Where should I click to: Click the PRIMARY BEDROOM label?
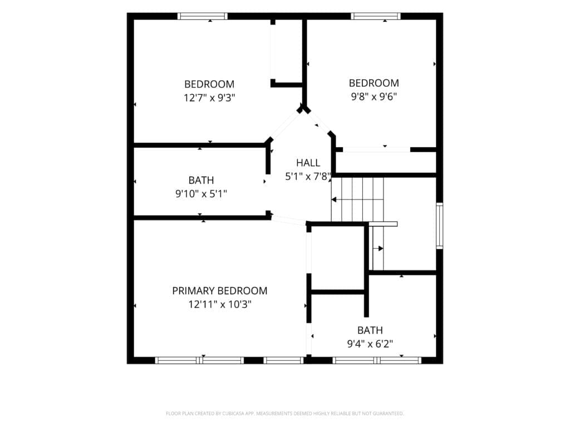point(219,291)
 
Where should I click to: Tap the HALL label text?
point(308,163)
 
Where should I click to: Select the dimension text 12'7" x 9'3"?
point(209,98)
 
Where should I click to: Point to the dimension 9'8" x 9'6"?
point(374,96)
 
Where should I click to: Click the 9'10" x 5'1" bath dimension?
point(201,193)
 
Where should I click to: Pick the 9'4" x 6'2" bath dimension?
point(370,343)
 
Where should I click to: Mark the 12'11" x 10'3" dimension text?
point(220,304)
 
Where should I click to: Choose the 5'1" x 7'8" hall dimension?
point(308,177)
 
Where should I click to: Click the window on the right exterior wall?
point(440,226)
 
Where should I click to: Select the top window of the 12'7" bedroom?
point(203,16)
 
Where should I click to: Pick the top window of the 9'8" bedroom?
point(376,16)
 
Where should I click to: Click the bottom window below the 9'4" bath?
point(377,361)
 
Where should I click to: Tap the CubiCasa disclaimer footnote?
point(284,414)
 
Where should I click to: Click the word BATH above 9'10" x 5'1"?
point(201,180)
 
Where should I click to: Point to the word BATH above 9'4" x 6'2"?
point(370,330)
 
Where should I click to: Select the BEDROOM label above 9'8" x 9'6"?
point(374,83)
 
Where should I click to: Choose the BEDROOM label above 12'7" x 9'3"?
point(209,84)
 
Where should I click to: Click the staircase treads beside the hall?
point(357,200)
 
